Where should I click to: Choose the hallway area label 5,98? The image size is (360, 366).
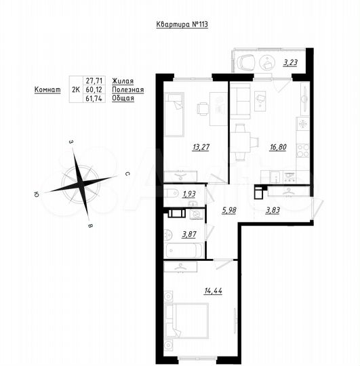pyautogui.click(x=229, y=209)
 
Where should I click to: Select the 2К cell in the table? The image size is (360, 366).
pyautogui.click(x=75, y=89)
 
